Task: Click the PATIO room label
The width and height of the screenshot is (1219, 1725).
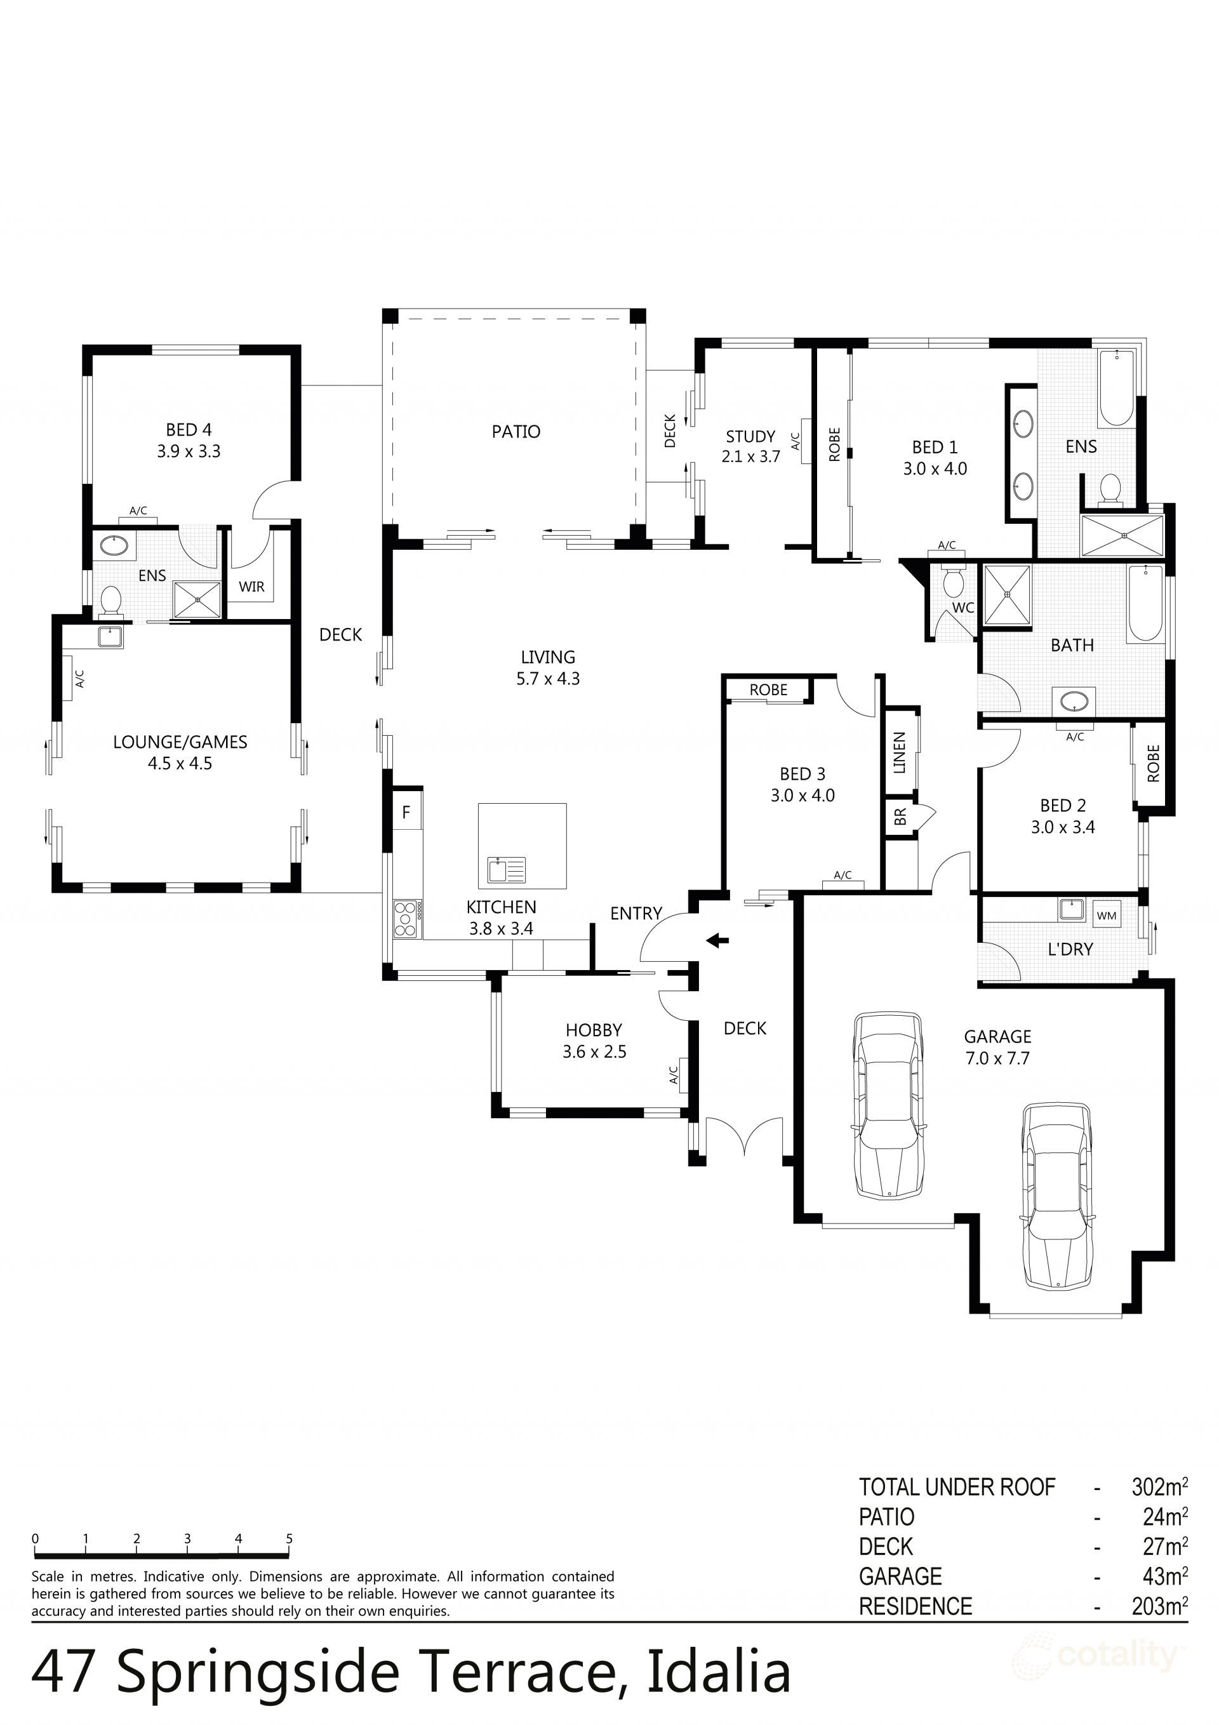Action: [516, 431]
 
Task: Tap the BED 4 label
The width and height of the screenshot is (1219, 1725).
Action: [189, 430]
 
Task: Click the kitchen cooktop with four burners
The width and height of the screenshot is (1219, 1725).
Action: [406, 918]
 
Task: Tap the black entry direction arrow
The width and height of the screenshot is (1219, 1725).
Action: [717, 939]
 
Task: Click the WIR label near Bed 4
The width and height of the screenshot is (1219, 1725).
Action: [252, 587]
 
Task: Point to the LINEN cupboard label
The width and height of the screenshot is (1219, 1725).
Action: [900, 753]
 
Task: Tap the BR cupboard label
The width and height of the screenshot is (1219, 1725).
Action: [900, 816]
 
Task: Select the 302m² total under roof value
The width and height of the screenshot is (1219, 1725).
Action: [1159, 1487]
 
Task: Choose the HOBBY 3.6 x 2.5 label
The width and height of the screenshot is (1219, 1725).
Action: [594, 1041]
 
